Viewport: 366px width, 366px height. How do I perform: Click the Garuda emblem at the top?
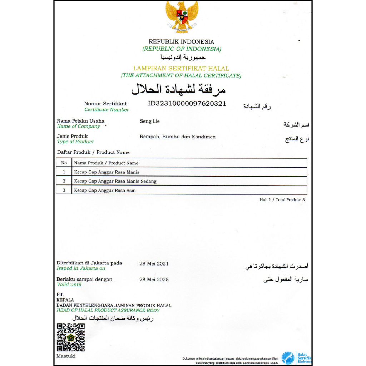point(182,16)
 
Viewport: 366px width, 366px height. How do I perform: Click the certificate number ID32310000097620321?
point(187,104)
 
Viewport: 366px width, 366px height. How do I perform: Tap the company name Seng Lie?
point(149,121)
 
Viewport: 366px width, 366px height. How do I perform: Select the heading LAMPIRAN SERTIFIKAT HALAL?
point(181,68)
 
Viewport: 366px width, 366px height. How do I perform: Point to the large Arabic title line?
point(179,89)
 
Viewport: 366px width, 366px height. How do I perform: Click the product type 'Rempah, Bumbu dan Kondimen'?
point(178,137)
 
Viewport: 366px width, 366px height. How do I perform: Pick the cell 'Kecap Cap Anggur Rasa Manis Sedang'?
point(115,181)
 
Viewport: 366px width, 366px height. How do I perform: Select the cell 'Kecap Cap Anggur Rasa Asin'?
point(105,191)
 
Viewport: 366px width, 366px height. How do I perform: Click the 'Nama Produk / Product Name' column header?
point(106,163)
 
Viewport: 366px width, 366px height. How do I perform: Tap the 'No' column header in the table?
point(64,163)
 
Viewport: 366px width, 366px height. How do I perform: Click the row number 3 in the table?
point(64,191)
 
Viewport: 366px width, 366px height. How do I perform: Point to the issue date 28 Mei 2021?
point(154,264)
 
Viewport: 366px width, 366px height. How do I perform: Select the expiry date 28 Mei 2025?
point(154,280)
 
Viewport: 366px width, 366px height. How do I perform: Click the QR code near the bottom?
point(71,337)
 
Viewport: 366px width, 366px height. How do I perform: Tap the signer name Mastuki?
point(66,356)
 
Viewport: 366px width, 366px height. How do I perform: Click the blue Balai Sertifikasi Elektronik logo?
point(288,358)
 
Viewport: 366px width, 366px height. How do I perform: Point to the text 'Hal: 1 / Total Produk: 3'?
point(282,200)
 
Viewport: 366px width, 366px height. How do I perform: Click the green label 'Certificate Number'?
point(107,110)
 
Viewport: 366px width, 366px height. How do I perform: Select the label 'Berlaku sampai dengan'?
point(84,279)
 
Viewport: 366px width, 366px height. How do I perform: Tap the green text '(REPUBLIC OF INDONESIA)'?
point(182,49)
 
